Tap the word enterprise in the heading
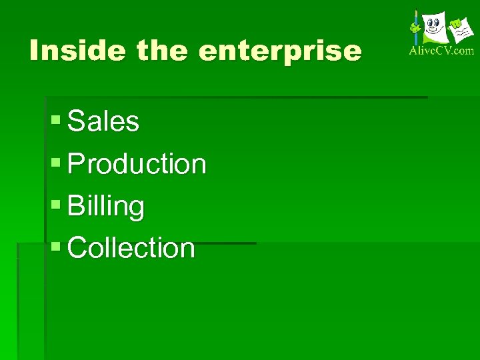(x=280, y=52)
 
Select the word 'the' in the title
(x=163, y=51)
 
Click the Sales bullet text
(x=103, y=122)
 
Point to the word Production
(x=137, y=164)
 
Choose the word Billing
(x=106, y=207)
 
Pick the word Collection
(x=131, y=248)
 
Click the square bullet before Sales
(x=56, y=121)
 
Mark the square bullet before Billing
(x=56, y=205)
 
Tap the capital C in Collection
(x=78, y=248)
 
